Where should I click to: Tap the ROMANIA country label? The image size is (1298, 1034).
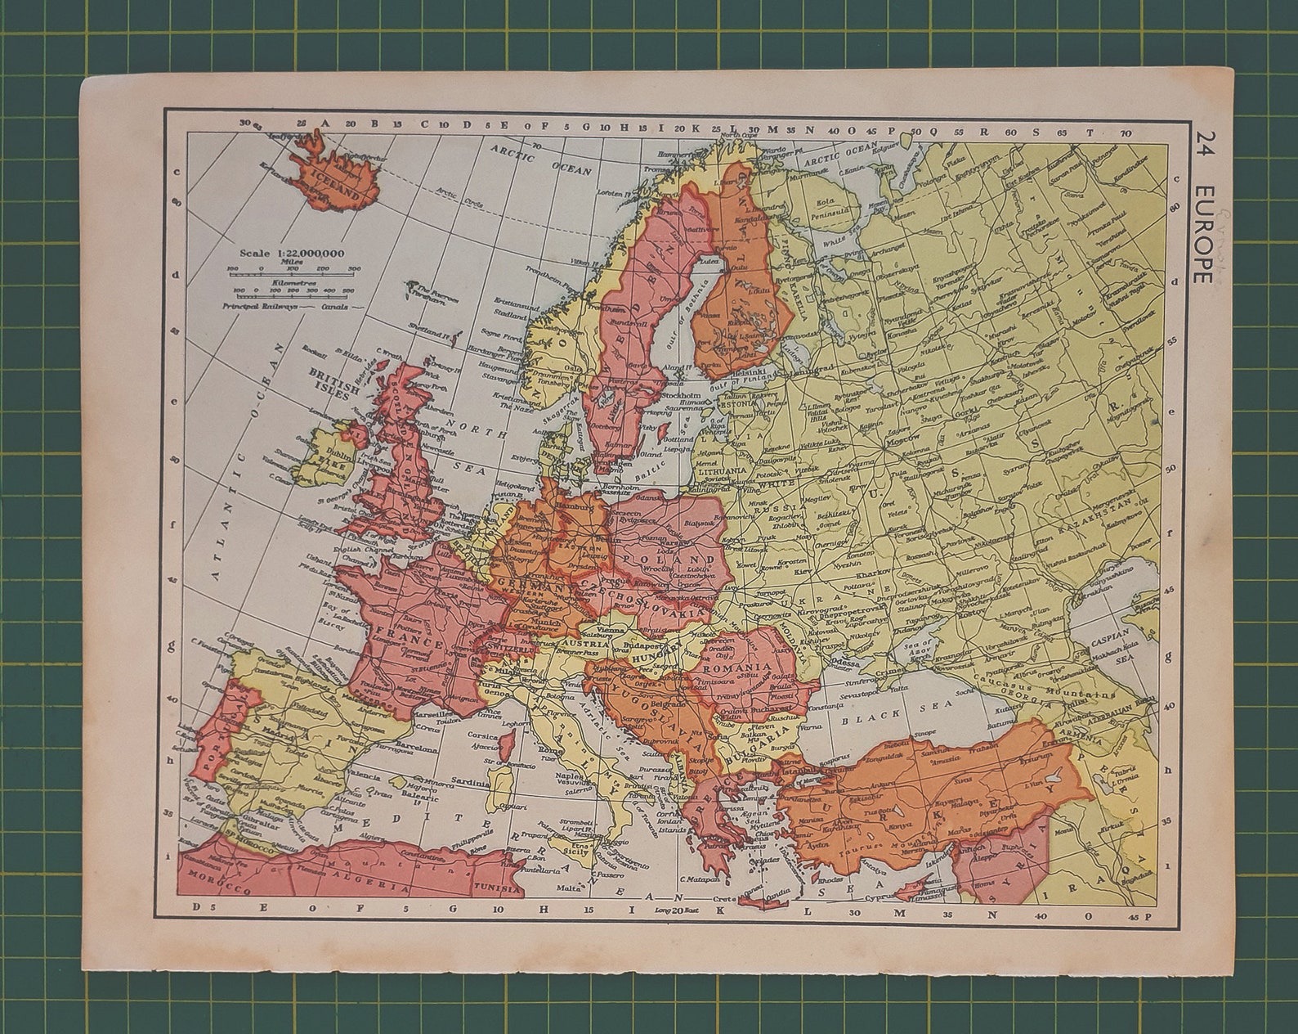point(736,668)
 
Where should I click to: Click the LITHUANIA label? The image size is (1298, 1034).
point(720,472)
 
